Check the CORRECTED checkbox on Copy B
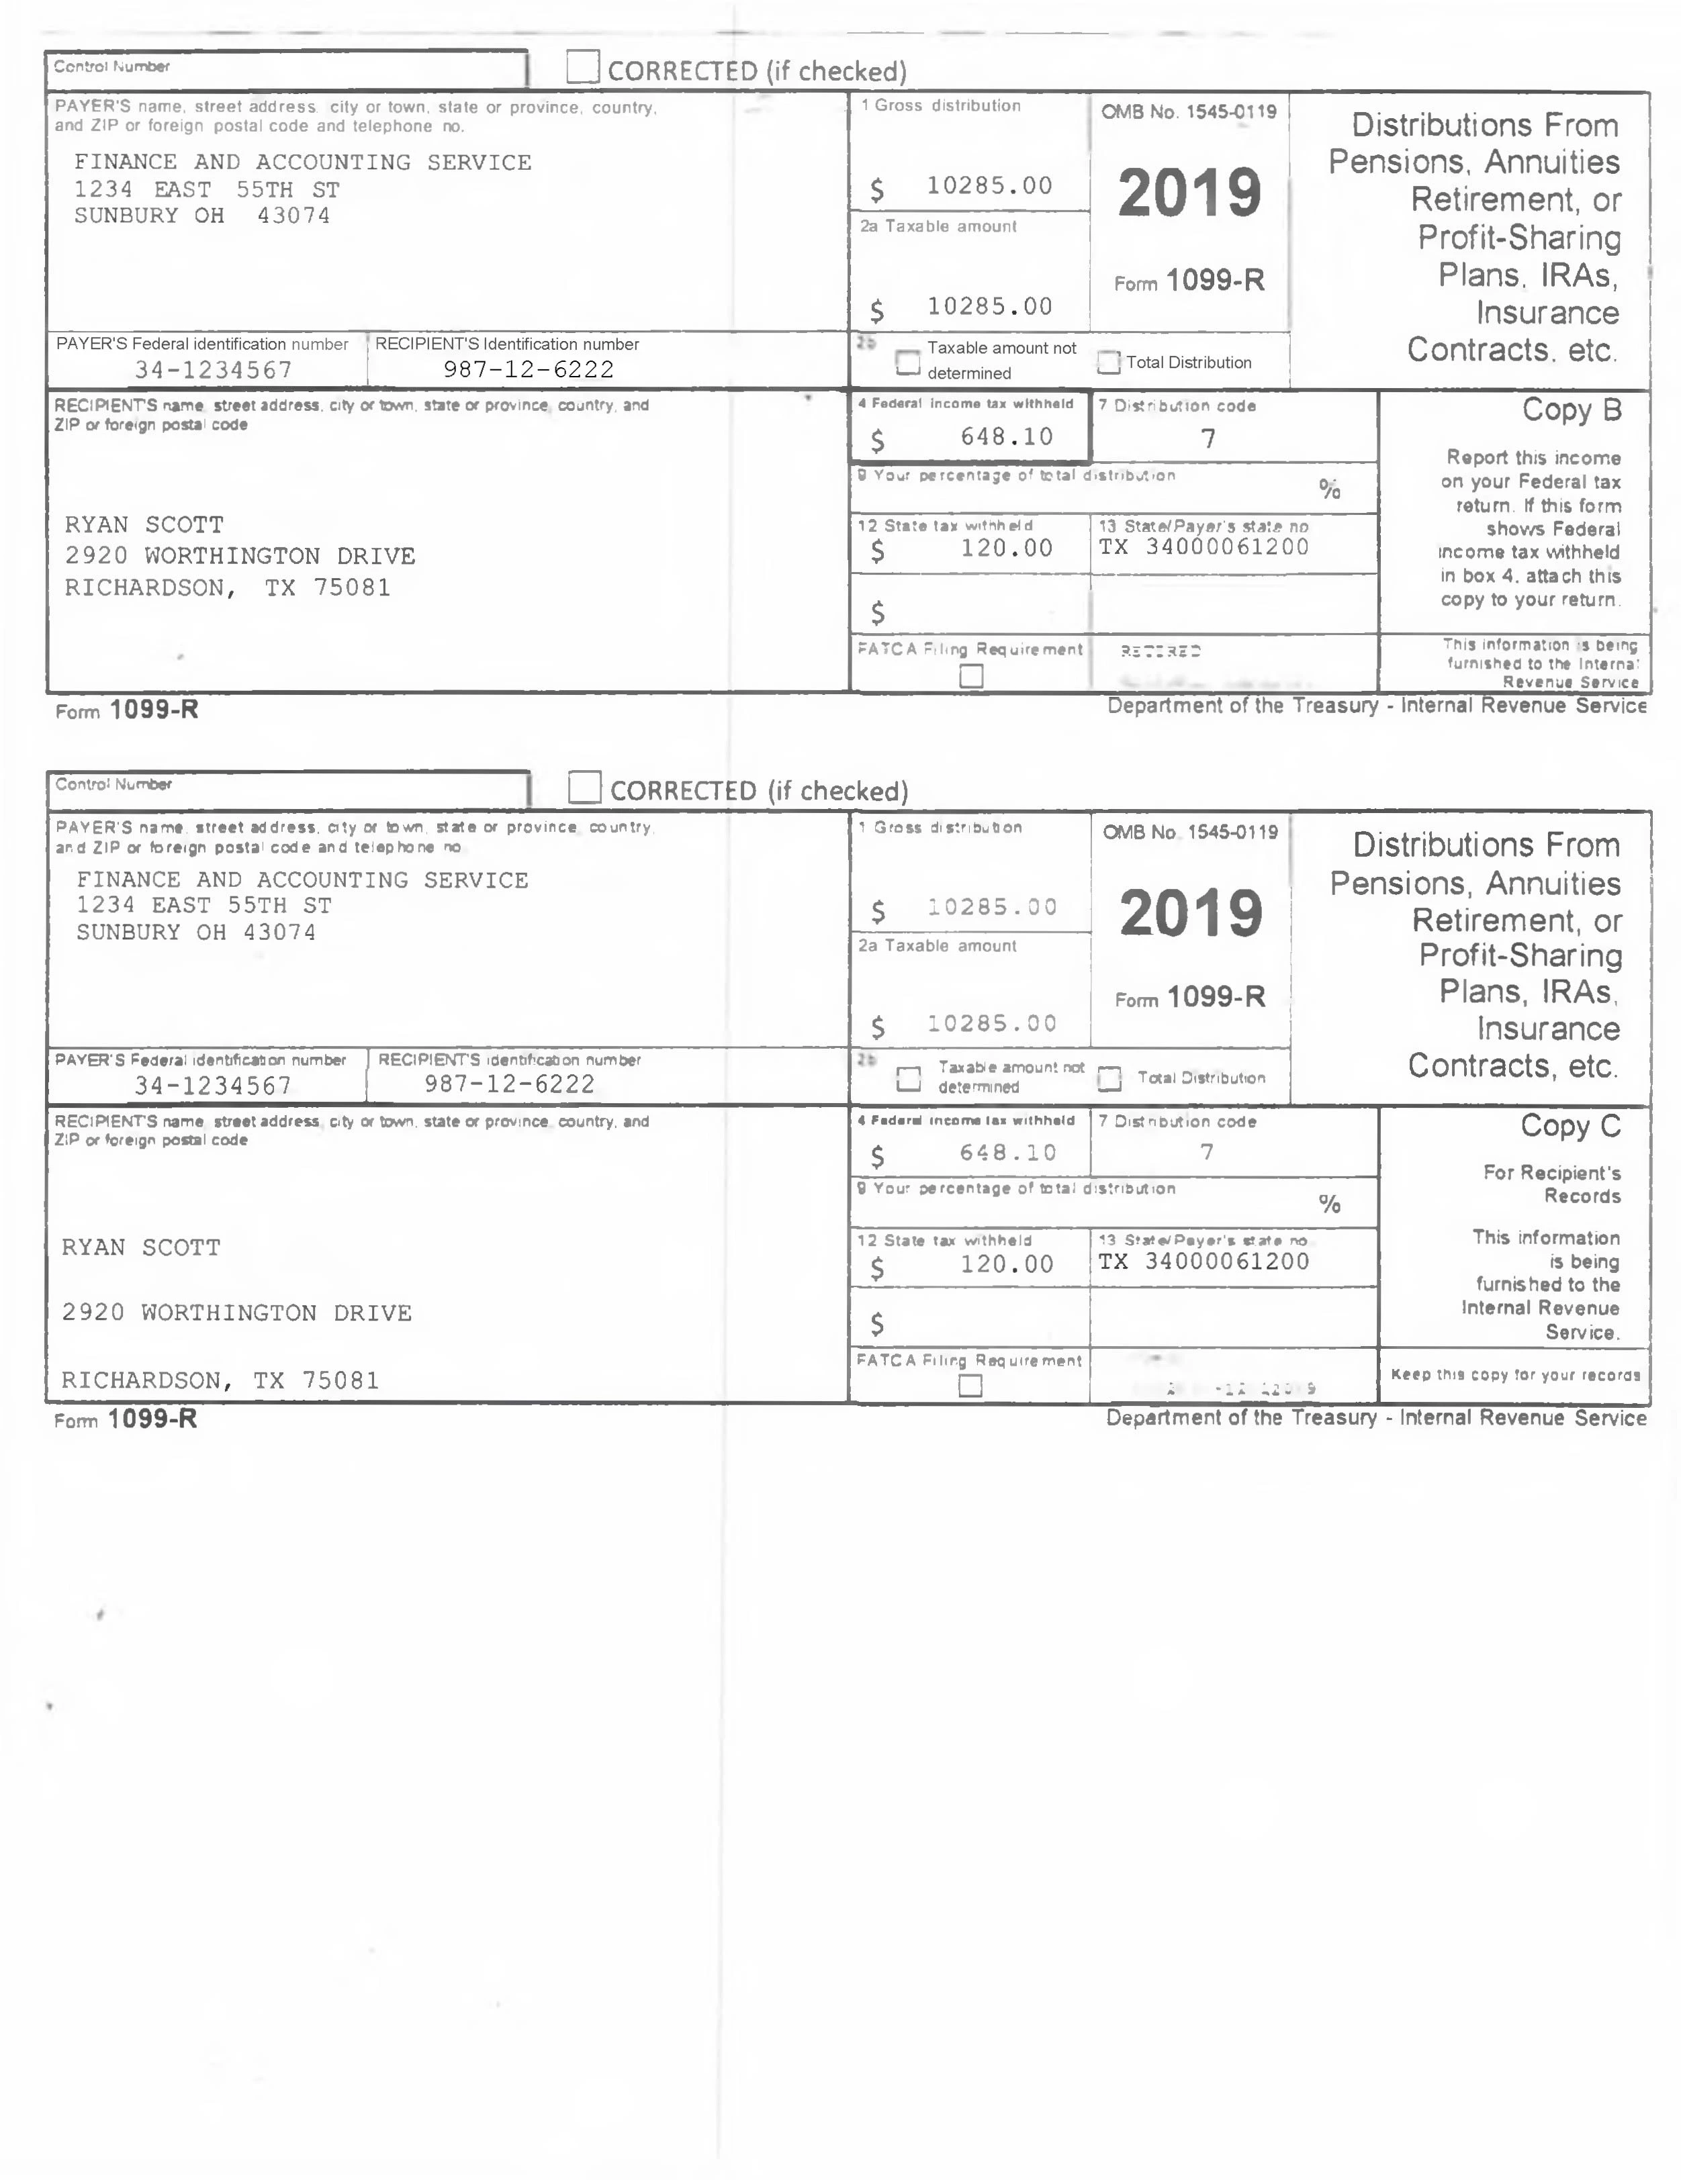click(582, 67)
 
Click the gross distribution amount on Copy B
click(988, 186)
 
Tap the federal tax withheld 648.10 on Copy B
click(1006, 437)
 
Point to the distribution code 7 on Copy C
click(1207, 1152)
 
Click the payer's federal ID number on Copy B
click(214, 371)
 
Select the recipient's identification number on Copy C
click(509, 1084)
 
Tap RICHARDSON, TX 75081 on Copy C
click(220, 1380)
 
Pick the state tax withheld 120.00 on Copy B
click(1006, 548)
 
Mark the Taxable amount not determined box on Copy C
click(909, 1078)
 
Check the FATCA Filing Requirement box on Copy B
click(970, 677)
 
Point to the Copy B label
click(1572, 410)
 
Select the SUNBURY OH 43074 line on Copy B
click(201, 216)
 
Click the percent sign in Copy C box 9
click(1328, 1204)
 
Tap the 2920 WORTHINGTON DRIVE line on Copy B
click(240, 556)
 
